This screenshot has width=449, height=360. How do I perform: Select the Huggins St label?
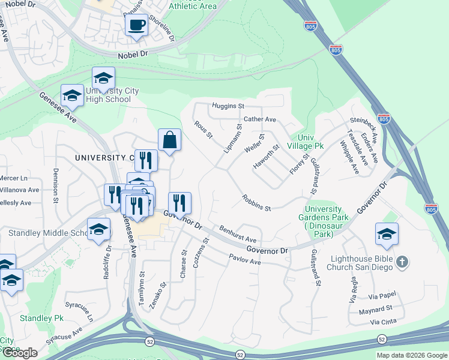point(228,106)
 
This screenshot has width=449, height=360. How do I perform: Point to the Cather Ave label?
point(259,119)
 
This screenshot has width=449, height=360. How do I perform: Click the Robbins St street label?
point(257,203)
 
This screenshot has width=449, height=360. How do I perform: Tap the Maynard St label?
point(376,308)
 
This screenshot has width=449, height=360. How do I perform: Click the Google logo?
point(19,353)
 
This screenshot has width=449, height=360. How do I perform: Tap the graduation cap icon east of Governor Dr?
point(387,235)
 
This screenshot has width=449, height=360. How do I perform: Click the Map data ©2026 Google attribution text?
point(412,355)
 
